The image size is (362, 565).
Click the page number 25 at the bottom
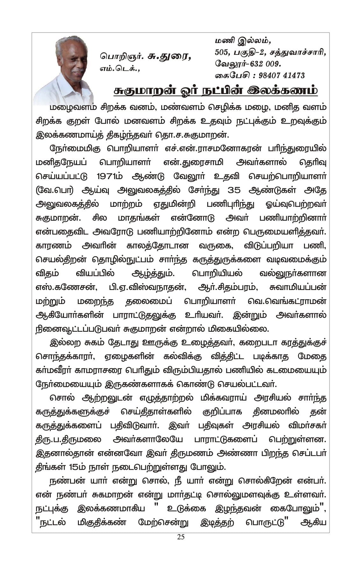click(181, 537)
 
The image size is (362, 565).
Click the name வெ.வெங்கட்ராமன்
click(287, 301)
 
